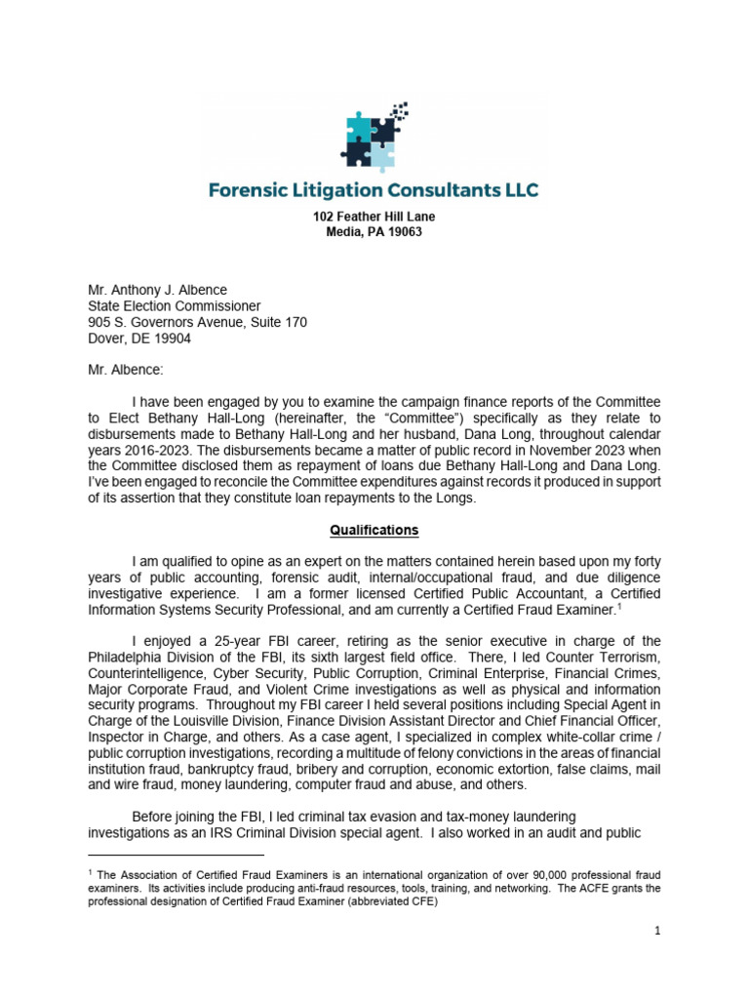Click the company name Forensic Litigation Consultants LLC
[374, 189]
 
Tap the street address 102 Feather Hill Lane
[374, 217]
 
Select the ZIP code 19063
[403, 232]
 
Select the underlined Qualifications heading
[374, 530]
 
